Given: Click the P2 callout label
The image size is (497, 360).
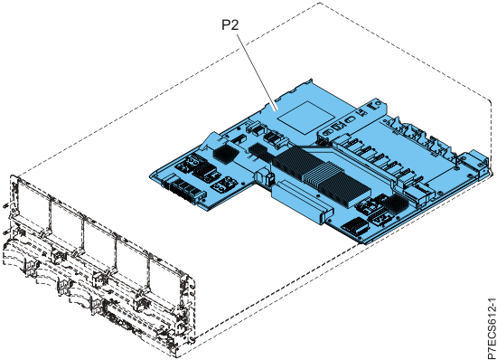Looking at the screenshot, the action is coord(230,24).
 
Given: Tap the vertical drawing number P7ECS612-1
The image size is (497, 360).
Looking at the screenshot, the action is coord(491,328).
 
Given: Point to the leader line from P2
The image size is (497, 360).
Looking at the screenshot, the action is coord(258,72).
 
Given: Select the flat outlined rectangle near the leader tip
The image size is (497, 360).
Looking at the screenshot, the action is coord(305,117).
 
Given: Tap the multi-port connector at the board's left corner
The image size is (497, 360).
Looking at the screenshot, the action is coord(183,190).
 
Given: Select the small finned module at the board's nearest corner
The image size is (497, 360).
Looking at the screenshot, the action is coord(355,226).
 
